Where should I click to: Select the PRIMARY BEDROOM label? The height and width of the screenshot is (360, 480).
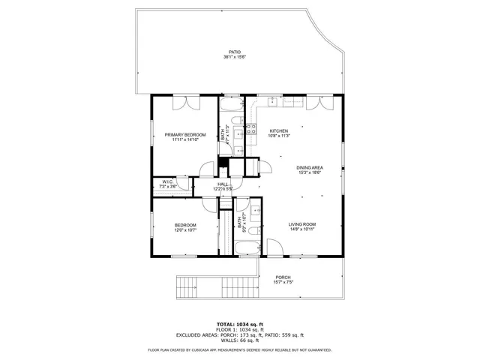pos(184,134)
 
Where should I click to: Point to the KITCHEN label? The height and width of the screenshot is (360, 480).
pos(279,130)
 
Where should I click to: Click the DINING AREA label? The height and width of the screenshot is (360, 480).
pos(309,167)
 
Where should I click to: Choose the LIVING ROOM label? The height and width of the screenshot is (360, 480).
pos(302,224)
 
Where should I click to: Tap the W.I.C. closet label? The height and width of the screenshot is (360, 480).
pos(168,181)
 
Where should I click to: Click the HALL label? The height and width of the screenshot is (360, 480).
pos(223,184)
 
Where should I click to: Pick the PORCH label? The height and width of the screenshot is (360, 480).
pos(283,277)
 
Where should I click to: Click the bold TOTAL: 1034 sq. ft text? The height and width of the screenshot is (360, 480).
pos(239,322)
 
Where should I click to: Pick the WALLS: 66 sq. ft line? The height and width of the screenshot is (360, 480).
pos(239,340)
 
